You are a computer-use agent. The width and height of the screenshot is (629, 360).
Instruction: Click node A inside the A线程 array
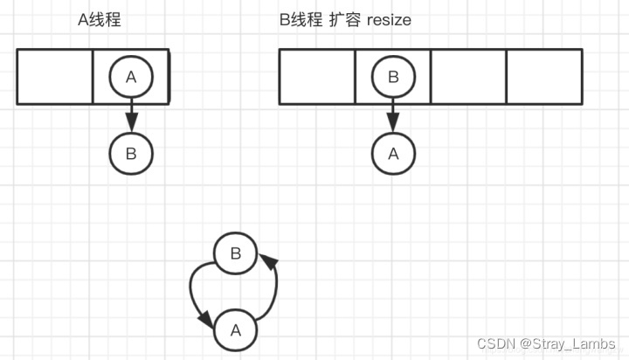pyautogui.click(x=131, y=77)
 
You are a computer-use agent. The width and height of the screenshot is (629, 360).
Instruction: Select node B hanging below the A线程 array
pyautogui.click(x=131, y=154)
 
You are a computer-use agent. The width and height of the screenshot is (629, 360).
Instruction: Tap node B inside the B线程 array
pyautogui.click(x=393, y=77)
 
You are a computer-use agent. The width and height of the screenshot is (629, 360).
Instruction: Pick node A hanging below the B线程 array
pyautogui.click(x=393, y=154)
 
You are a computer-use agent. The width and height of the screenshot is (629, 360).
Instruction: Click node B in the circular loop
pyautogui.click(x=235, y=254)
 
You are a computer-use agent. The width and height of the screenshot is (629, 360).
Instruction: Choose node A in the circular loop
pyautogui.click(x=235, y=330)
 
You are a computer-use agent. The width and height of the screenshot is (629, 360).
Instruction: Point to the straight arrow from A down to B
pyautogui.click(x=131, y=115)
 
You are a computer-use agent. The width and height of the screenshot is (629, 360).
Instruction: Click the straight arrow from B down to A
pyautogui.click(x=393, y=115)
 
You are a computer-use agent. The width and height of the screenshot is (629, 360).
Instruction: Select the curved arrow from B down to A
pyautogui.click(x=195, y=297)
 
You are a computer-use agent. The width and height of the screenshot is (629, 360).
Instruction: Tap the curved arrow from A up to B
pyautogui.click(x=273, y=288)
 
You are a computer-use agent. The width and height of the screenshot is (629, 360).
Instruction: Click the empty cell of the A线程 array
pyautogui.click(x=55, y=77)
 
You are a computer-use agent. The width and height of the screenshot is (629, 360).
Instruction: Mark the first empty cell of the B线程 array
pyautogui.click(x=317, y=77)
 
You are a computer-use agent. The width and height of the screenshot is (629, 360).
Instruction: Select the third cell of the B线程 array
pyautogui.click(x=468, y=77)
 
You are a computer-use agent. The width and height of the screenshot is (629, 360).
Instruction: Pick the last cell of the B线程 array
pyautogui.click(x=544, y=77)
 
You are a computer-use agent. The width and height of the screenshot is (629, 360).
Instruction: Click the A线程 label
pyautogui.click(x=99, y=18)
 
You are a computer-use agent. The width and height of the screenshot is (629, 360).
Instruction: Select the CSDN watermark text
pyautogui.click(x=494, y=343)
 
